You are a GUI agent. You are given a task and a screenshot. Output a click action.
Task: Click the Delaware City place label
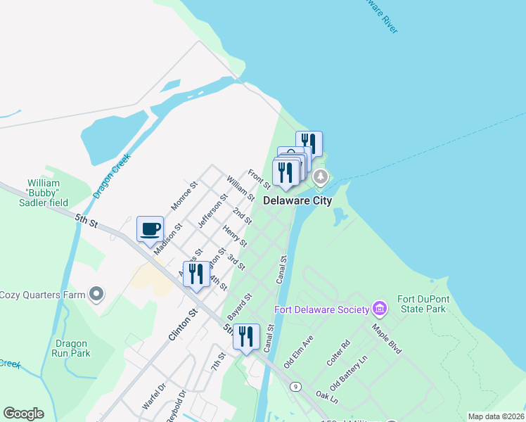pyautogui.click(x=297, y=200)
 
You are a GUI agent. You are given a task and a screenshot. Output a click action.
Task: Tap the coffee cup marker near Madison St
pyautogui.click(x=150, y=229)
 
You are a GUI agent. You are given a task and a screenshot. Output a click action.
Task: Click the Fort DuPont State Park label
pyautogui.click(x=421, y=304)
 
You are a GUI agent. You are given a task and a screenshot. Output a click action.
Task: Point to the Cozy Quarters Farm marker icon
pyautogui.click(x=96, y=294)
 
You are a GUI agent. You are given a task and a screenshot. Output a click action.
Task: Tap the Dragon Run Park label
pyautogui.click(x=71, y=349)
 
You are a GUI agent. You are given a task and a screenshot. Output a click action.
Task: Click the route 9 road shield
pyautogui.click(x=295, y=386)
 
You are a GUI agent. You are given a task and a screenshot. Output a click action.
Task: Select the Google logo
pyautogui.click(x=23, y=414)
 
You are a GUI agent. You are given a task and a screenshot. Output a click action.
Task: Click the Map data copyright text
pyautogui.click(x=496, y=416)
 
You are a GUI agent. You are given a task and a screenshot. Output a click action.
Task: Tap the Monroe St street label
pyautogui.click(x=185, y=197)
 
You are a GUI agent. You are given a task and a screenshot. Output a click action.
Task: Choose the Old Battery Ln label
pyautogui.click(x=349, y=373)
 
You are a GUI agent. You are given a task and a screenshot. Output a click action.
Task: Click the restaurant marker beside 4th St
pyautogui.click(x=196, y=274)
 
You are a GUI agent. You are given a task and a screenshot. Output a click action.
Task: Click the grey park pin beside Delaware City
pyautogui.click(x=321, y=177)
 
